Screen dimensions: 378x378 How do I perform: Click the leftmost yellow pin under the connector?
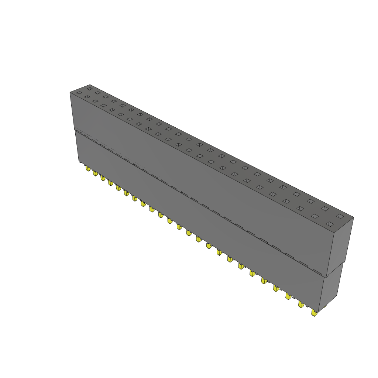pos(87,169)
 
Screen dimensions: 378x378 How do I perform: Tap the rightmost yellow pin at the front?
pos(314,313)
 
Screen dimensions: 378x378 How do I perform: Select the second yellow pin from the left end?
pos(95,173)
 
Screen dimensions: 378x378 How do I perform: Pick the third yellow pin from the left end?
pos(103,178)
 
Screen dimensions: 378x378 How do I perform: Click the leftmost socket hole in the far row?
pos(89,89)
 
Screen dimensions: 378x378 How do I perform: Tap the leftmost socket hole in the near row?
pos(79,93)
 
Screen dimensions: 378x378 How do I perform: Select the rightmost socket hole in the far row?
pos(340,216)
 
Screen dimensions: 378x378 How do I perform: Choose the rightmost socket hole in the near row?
pos(330,224)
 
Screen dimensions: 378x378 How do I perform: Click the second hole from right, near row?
pos(315,216)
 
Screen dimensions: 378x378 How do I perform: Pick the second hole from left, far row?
pos(97,93)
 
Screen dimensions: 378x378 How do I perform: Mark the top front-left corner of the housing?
pos(70,92)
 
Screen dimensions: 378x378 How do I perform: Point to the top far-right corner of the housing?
pos(354,217)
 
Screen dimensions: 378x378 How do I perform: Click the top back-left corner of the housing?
pos(90,84)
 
